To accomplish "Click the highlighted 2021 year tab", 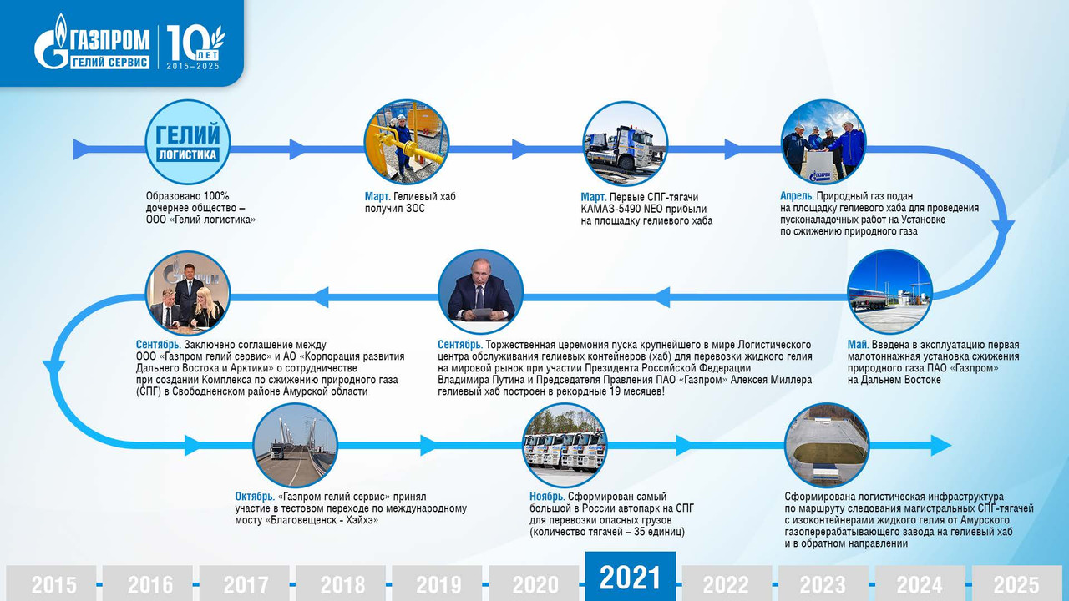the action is [631, 576].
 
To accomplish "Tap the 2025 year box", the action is [1017, 583].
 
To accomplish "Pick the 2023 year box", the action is [823, 583].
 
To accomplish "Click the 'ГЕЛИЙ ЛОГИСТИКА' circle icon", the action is [188, 142].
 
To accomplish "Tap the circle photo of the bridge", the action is [295, 446].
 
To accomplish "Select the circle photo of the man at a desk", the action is [480, 292].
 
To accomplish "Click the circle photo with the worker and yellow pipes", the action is [406, 142].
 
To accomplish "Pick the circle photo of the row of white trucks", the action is [565, 446].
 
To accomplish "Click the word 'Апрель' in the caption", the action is [797, 196].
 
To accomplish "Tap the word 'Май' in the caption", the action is [858, 345].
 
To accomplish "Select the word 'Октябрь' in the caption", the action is [255, 497].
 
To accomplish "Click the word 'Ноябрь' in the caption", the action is [547, 497].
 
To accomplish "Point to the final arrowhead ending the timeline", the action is [941, 446].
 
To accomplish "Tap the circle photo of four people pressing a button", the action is [823, 142].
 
